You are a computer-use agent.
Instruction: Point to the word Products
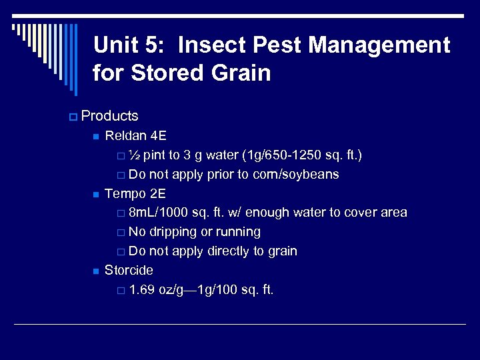tap(109, 116)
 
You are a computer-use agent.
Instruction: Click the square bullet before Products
tap(72, 117)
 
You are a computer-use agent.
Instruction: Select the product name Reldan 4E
tap(135, 136)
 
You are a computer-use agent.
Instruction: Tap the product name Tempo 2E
tap(135, 193)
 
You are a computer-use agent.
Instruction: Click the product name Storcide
tap(129, 270)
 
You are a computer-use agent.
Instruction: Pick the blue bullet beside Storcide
tap(95, 271)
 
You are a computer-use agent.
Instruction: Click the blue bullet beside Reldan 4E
tap(95, 137)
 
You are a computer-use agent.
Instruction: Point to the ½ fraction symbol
tap(133, 155)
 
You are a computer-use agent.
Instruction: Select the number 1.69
tap(142, 289)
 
